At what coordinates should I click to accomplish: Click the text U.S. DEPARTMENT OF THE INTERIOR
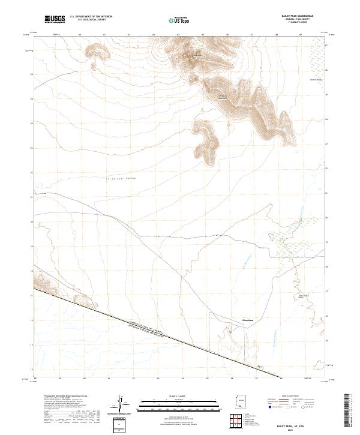pos(91,17)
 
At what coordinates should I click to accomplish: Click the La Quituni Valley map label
pos(118,179)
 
